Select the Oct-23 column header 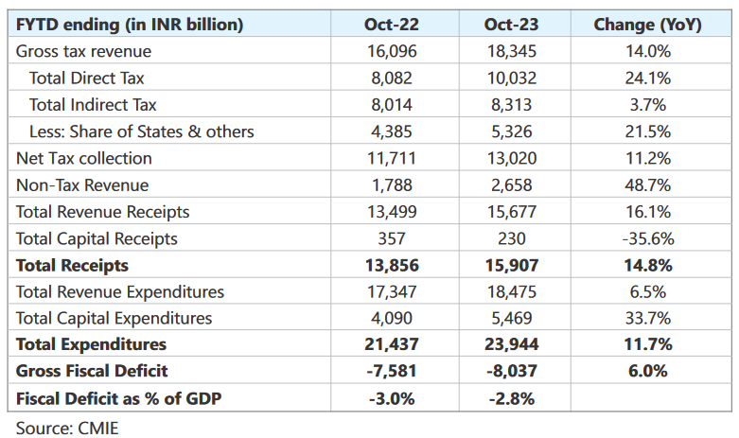513,25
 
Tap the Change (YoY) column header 647,25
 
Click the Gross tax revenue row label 83,51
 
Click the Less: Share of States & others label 142,131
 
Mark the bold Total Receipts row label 72,266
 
